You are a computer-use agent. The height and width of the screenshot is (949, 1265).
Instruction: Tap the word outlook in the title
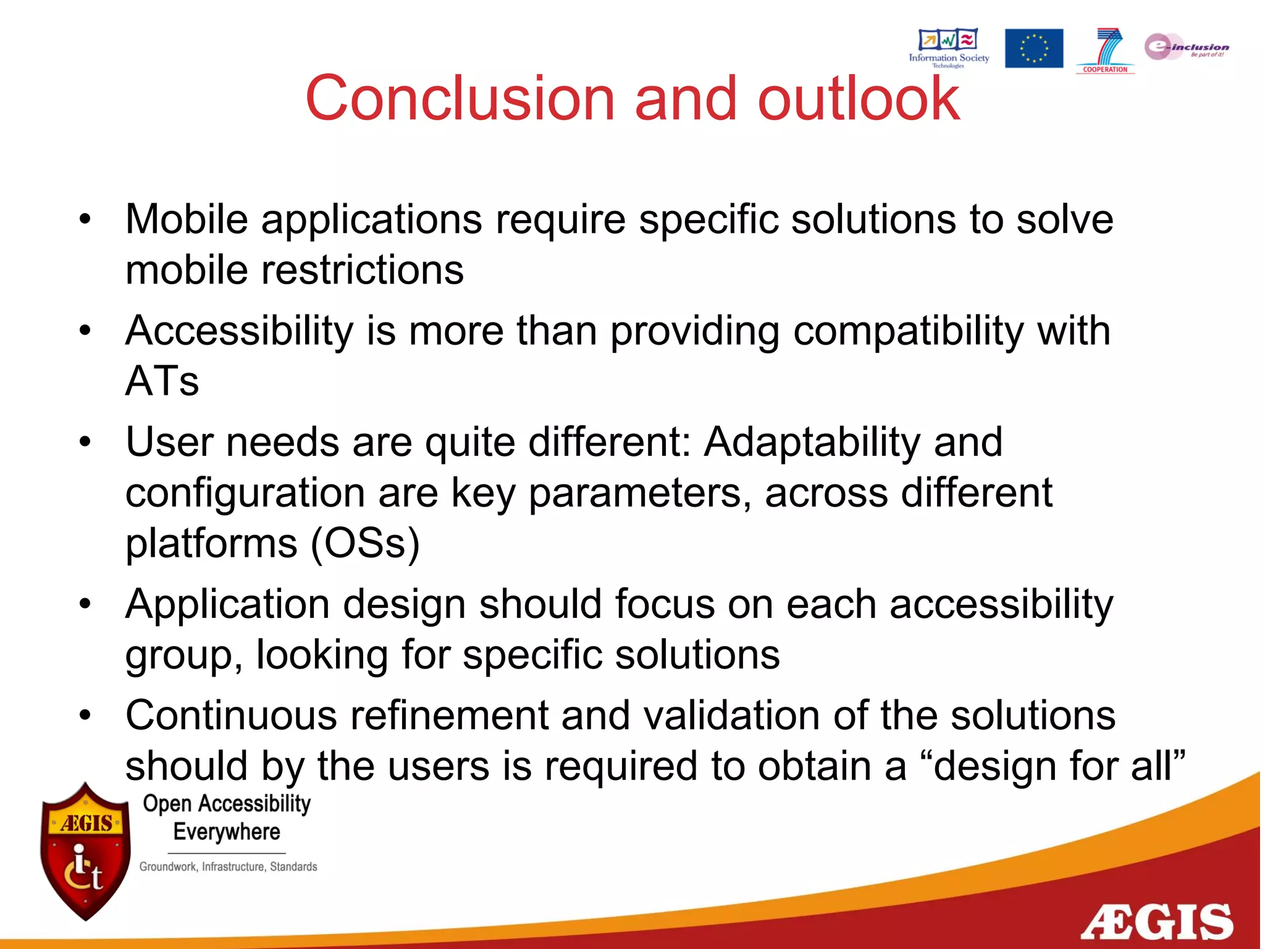tap(859, 99)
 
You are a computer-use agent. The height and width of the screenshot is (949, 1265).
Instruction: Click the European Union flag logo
tap(1033, 48)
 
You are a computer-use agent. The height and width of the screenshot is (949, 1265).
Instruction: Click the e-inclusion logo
tap(1186, 47)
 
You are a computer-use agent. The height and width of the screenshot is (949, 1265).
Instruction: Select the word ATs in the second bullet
tap(162, 381)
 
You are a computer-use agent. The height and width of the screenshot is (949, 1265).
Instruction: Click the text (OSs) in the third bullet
tap(365, 543)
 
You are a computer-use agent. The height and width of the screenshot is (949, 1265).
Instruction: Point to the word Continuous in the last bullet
tap(231, 715)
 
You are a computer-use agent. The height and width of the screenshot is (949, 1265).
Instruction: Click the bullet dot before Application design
tap(85, 604)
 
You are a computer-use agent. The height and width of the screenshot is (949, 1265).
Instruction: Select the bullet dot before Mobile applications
tap(85, 219)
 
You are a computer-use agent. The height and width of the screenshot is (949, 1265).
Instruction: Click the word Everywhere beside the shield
tap(227, 832)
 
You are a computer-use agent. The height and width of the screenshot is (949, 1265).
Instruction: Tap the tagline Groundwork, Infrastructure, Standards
tap(228, 867)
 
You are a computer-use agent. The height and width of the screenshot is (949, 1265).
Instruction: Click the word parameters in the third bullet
tap(640, 493)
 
